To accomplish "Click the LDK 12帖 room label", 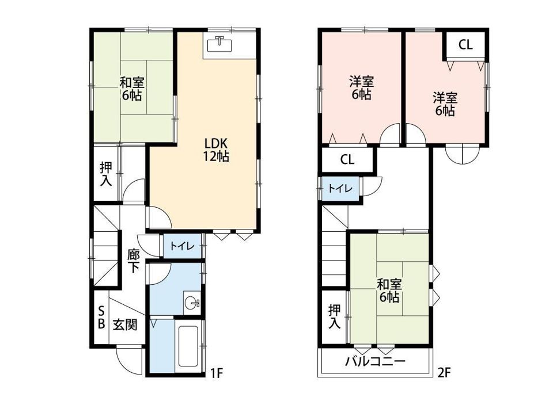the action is pyautogui.click(x=216, y=150).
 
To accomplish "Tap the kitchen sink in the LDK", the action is pyautogui.click(x=219, y=44).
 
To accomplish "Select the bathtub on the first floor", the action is pyautogui.click(x=190, y=346).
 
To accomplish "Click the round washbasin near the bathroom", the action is pyautogui.click(x=192, y=302).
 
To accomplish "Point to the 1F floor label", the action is pyautogui.click(x=217, y=373).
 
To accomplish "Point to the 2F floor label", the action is pyautogui.click(x=444, y=373).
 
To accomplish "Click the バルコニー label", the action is pyautogui.click(x=375, y=361).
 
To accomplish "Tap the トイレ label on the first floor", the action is pyautogui.click(x=182, y=246).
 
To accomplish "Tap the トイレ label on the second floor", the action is pyautogui.click(x=340, y=189).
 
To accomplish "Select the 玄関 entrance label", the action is pyautogui.click(x=125, y=324).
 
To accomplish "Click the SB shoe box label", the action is pyautogui.click(x=101, y=317).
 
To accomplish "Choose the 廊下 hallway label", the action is pyautogui.click(x=133, y=261).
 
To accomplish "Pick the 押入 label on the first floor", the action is pyautogui.click(x=106, y=174).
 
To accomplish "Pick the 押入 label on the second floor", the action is pyautogui.click(x=334, y=316).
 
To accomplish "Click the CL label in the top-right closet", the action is pyautogui.click(x=465, y=45).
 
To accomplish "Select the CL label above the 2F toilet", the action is pyautogui.click(x=347, y=160).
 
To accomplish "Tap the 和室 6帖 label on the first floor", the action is pyautogui.click(x=132, y=89).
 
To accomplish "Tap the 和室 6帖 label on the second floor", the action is pyautogui.click(x=389, y=291).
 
